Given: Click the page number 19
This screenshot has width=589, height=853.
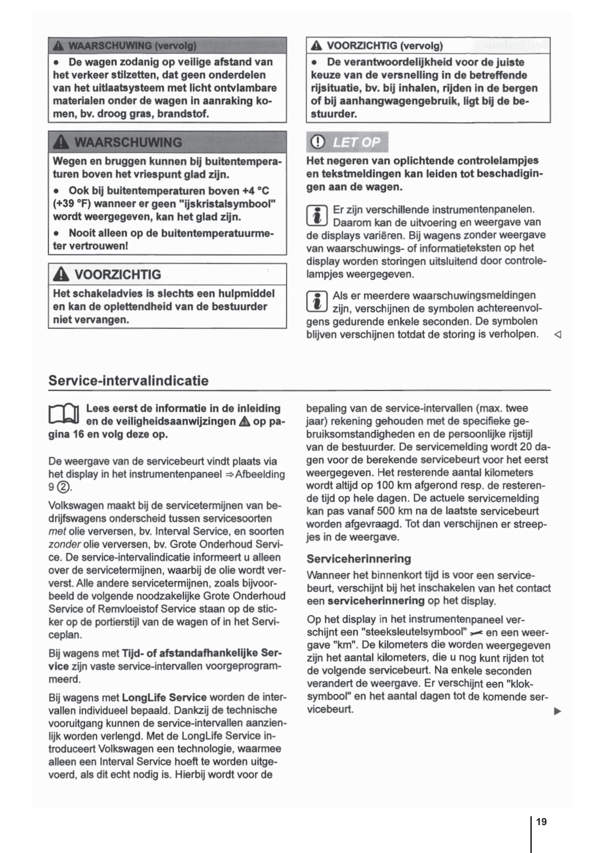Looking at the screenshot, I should [542, 822].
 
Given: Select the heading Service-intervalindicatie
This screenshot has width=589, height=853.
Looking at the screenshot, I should [128, 381].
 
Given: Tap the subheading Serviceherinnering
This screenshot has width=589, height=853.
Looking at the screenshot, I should [358, 559].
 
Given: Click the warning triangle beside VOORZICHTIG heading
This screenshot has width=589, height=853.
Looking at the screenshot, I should [61, 274].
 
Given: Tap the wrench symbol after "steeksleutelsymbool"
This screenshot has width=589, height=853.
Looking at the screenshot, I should [477, 633].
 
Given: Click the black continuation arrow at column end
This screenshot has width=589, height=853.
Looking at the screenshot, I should [557, 712].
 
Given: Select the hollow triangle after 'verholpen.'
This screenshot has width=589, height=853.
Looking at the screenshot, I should [557, 335].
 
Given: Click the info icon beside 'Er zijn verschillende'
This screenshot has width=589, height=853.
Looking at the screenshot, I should [317, 216].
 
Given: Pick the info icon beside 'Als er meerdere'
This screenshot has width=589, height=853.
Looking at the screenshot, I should [317, 302].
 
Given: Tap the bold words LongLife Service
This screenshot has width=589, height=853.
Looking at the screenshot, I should [164, 698].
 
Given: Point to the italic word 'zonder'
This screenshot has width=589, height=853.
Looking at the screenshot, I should [64, 544].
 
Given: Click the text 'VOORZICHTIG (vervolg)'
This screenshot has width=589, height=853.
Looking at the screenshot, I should [384, 46].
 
